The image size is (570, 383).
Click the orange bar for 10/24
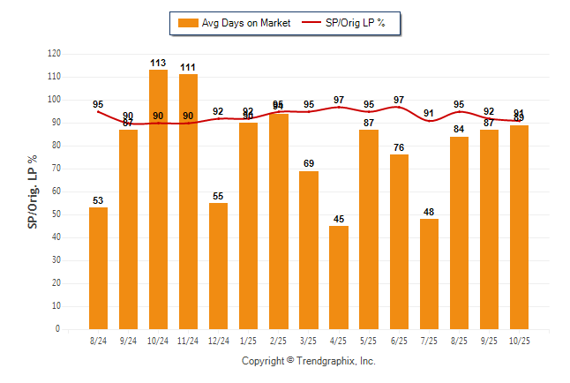[x=159, y=199]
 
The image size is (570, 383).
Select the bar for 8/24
[x=99, y=268]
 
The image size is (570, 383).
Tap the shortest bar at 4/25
[x=339, y=277]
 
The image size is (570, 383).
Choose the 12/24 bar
[x=219, y=266]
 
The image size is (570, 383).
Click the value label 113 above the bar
[x=159, y=63]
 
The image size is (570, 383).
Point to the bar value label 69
[x=309, y=164]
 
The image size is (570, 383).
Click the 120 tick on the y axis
[x=54, y=54]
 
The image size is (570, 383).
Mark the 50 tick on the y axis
[x=56, y=214]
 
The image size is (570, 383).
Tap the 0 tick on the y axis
[x=58, y=329]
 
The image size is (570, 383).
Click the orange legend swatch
[x=188, y=23]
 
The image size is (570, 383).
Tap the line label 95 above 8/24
[x=98, y=105]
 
